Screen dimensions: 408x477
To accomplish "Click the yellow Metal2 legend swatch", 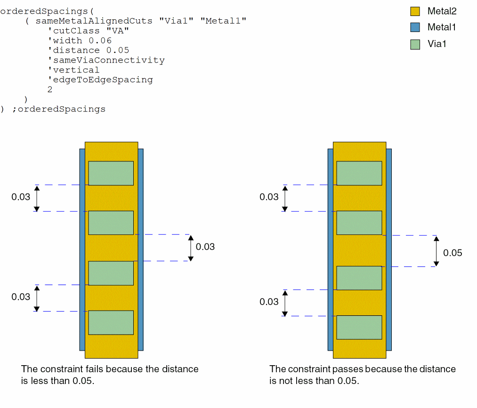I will [x=415, y=11].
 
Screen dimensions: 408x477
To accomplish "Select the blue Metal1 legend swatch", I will [x=415, y=28].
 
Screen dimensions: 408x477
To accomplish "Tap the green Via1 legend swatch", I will [x=415, y=45].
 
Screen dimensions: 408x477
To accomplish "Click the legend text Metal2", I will [x=442, y=11].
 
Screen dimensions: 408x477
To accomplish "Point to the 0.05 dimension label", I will [x=453, y=253].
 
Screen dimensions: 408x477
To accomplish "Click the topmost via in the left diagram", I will [x=111, y=173].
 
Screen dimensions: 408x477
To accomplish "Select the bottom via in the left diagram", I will [x=111, y=322].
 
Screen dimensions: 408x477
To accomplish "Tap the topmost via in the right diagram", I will [x=359, y=173].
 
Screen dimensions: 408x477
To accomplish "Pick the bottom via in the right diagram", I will [x=359, y=327].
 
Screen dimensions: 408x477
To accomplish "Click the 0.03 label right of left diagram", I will [x=205, y=247].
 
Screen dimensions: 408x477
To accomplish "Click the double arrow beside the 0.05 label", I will [x=436, y=251].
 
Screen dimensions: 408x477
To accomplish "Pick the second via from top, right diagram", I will [x=359, y=223].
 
